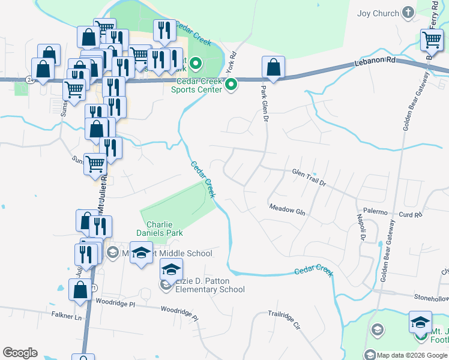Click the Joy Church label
coord(378,13)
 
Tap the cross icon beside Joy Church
coord(408,13)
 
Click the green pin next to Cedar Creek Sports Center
coord(231,86)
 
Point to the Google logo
coord(20,353)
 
